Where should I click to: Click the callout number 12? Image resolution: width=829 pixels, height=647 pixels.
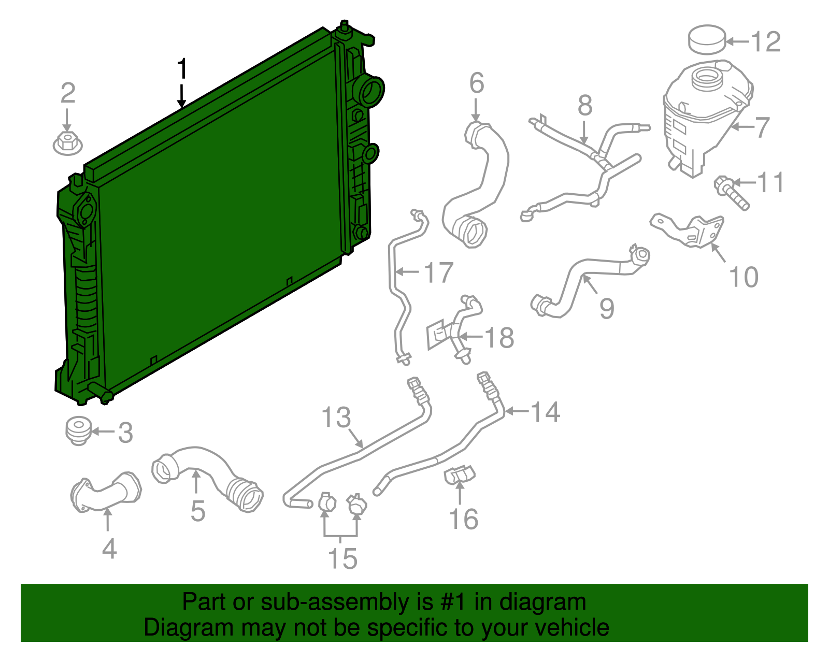tap(766, 41)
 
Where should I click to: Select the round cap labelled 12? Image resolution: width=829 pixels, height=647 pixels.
tap(707, 39)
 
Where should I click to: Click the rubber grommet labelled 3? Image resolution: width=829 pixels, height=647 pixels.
tap(79, 430)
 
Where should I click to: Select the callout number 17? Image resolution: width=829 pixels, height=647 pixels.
tap(438, 272)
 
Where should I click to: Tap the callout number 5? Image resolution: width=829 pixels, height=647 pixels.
tap(198, 511)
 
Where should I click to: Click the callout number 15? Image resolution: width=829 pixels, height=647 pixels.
tap(342, 558)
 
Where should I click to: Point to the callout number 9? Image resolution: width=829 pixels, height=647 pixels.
tap(607, 308)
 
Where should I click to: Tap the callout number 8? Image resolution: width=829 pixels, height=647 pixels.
tap(585, 105)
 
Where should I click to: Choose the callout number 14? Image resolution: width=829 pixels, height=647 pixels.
tap(546, 412)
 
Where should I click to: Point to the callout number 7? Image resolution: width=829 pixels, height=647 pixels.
tap(762, 127)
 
